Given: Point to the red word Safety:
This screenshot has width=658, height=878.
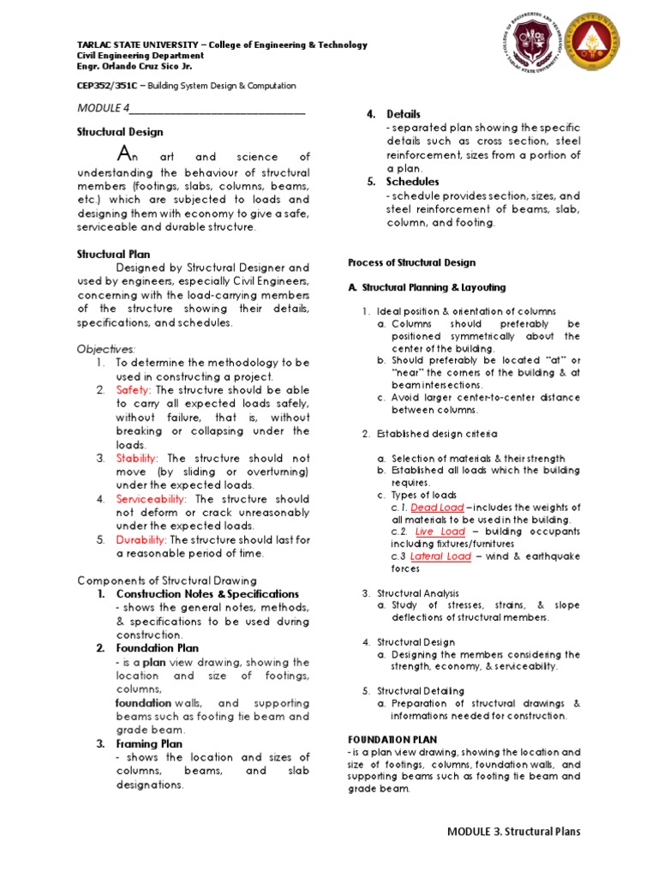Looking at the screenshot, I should tap(134, 390).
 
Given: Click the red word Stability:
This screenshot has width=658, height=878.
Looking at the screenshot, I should tap(136, 459).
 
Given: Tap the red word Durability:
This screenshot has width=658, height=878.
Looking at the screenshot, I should tap(141, 539).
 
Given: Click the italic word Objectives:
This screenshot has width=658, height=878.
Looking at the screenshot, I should tap(107, 350).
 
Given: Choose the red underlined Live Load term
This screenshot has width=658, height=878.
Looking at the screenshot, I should tap(440, 532).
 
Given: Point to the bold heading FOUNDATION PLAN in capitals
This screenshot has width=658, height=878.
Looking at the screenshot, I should tap(392, 738).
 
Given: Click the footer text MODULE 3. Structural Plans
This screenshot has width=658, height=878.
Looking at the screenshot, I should tap(513, 831).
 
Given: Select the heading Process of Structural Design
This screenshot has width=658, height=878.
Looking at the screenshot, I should tap(411, 262).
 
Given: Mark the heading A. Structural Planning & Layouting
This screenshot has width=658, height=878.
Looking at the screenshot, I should tap(426, 287).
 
